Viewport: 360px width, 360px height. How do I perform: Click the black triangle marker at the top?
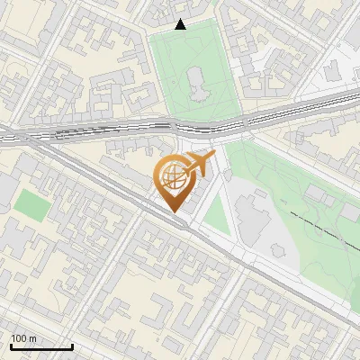(x=181, y=24)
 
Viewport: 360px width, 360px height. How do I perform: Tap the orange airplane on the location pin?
(x=200, y=164)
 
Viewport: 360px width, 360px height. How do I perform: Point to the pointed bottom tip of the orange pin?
(x=174, y=212)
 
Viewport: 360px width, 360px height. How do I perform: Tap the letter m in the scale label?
(x=33, y=338)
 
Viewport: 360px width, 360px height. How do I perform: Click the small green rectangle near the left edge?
(x=31, y=203)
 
